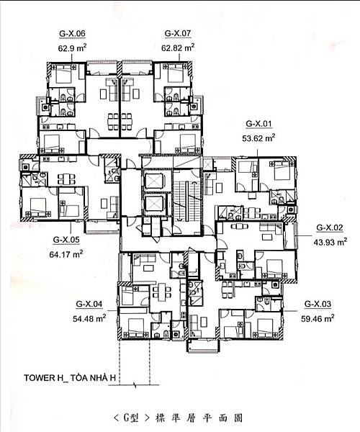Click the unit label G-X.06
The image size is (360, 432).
pos(72,34)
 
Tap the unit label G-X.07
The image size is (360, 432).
pos(178,33)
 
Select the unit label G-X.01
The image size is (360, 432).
pos(258,124)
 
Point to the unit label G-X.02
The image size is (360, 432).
pos(330,228)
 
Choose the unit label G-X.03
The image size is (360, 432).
pos(318,304)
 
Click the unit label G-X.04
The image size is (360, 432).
pos(89,304)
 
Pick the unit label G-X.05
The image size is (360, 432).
pos(66,240)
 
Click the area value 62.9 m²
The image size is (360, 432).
pos(72,48)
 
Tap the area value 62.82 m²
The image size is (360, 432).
pos(178,48)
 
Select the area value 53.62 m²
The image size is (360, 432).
pos(258,138)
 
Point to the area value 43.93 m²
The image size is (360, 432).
pos(330,242)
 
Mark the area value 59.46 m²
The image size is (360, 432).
pos(318,318)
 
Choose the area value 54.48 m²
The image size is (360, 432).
pos(89,318)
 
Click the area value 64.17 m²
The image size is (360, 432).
pos(66,253)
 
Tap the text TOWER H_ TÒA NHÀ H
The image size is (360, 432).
pos(70,378)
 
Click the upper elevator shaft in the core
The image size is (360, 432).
pos(155,181)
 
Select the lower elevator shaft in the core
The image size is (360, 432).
pos(155,203)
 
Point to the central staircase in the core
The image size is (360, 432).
pos(186,202)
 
